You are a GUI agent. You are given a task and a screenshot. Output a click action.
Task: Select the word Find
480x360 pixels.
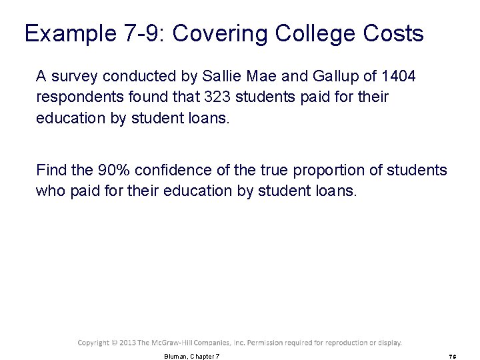tap(50, 170)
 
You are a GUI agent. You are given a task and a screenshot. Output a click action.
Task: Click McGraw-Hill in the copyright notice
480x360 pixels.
tap(175, 343)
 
